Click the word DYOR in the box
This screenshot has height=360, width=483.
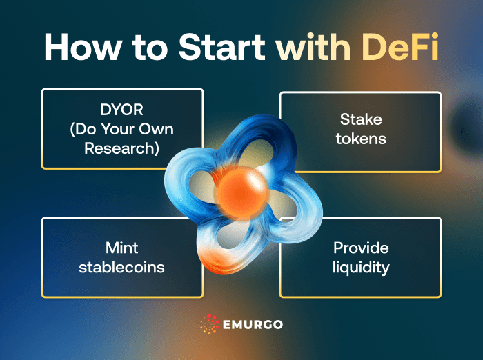122,111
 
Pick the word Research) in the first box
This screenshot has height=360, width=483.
122,147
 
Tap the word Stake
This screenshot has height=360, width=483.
360,119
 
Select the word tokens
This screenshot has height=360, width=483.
360,138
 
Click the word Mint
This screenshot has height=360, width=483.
122,248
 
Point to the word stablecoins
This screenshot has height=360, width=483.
122,266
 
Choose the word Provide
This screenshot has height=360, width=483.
360,248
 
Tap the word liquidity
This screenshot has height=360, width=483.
360,266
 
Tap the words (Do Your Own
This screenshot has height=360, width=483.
122,129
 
